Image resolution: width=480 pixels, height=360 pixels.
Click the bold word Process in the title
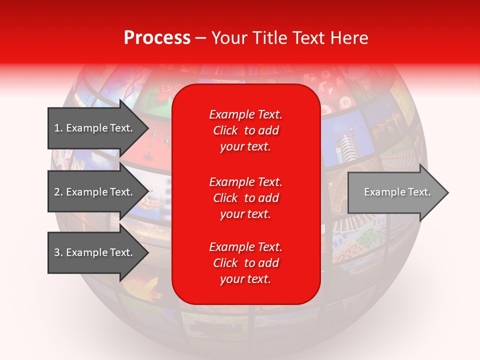(x=157, y=38)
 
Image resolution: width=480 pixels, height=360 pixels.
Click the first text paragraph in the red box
(x=245, y=130)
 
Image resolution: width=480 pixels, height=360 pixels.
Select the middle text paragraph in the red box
(x=245, y=198)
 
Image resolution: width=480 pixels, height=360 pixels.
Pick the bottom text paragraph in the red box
(x=245, y=263)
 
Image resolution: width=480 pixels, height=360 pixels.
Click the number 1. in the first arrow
(x=58, y=128)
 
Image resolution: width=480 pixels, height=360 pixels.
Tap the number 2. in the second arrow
(x=58, y=192)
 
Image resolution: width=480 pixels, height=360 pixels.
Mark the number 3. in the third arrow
(x=58, y=252)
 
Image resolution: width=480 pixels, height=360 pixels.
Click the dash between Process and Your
(x=200, y=38)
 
